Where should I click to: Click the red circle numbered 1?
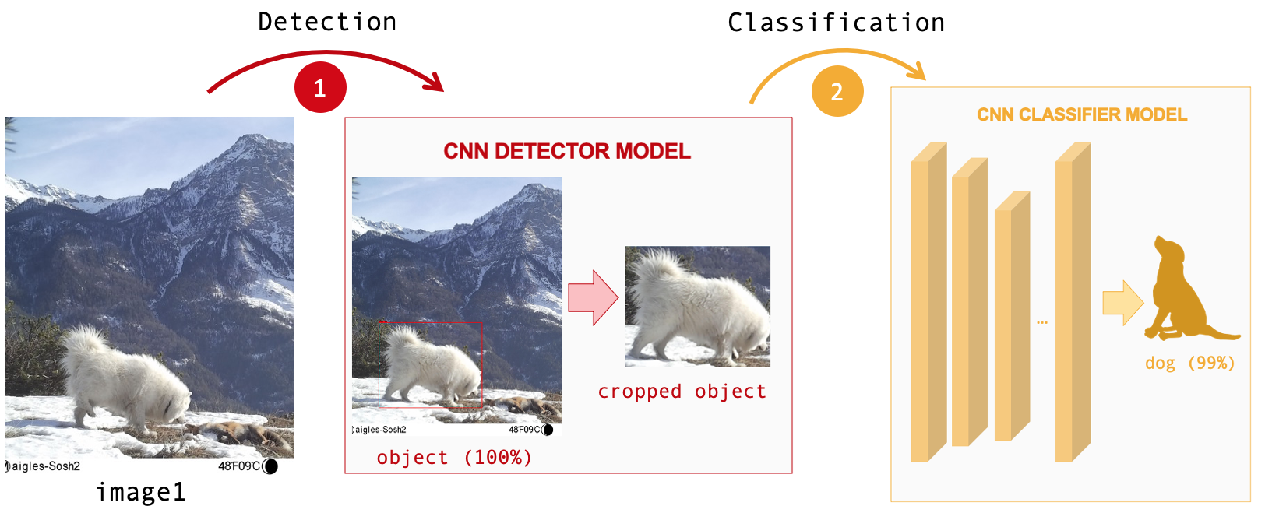coord(320,87)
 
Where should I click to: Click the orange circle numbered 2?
coord(837,91)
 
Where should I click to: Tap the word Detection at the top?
coord(327,22)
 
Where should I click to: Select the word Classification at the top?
coord(836,23)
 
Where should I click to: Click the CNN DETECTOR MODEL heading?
coord(567,151)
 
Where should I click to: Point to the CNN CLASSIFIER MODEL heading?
coord(1082,114)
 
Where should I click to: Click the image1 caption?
coord(141,492)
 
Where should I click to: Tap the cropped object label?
coord(682,392)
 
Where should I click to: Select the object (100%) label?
coord(455,457)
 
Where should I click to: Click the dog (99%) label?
coord(1190,363)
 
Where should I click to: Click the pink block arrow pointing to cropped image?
coord(593,297)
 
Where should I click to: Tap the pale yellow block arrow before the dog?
coord(1122,303)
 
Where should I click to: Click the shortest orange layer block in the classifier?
coord(1012,316)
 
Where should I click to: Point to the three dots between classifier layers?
coord(1042,322)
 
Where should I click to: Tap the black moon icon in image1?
coord(270,466)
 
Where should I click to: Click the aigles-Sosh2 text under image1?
coord(45,466)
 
